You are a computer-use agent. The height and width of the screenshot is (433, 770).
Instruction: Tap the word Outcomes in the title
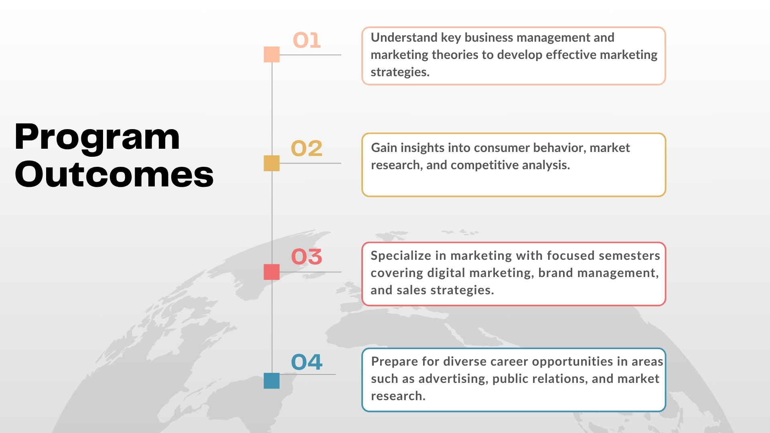click(114, 174)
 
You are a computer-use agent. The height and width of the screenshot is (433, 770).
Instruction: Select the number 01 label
click(307, 40)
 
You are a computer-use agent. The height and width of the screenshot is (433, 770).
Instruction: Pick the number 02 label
click(307, 148)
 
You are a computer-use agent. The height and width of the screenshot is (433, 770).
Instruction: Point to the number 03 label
click(307, 257)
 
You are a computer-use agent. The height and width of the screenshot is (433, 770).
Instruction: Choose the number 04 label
click(307, 362)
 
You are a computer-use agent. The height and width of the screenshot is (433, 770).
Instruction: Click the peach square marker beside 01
click(272, 55)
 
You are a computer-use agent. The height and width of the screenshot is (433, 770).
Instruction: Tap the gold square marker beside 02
click(272, 163)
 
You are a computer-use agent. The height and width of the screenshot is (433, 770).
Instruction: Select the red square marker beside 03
click(272, 272)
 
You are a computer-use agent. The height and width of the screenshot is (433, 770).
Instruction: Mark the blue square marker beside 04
click(272, 380)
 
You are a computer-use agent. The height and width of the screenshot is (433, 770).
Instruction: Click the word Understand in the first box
click(404, 37)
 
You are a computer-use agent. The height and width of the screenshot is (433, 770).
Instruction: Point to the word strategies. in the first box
click(400, 73)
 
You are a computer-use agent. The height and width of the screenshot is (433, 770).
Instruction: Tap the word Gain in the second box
click(384, 148)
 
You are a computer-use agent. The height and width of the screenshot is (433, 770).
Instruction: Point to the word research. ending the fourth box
click(398, 396)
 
